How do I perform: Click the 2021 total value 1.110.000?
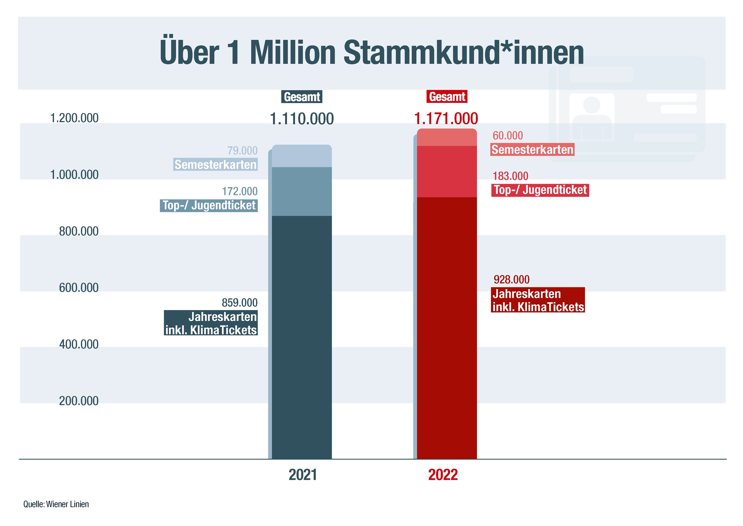302,119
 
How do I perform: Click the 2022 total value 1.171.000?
446,119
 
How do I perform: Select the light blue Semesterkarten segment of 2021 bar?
302,156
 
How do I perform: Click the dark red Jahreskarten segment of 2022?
446,327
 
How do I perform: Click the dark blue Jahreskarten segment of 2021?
302,337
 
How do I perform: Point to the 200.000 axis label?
79,401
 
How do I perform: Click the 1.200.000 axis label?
74,118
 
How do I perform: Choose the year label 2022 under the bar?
443,475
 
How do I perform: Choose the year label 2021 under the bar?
303,475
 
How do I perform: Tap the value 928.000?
511,279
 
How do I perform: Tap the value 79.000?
242,151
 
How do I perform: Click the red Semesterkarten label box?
532,149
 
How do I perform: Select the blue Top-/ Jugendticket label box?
209,206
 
